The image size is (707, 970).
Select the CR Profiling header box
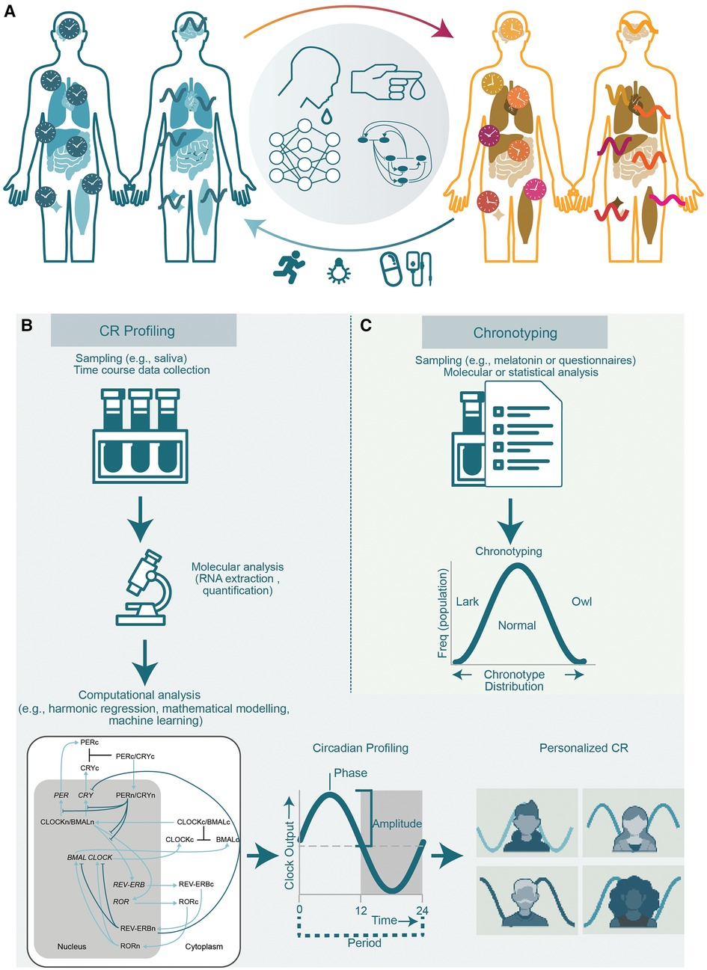coord(144,330)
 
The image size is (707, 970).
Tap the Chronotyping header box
coord(515,333)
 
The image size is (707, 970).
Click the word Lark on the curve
coord(467,601)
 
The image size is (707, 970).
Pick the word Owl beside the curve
coord(581,601)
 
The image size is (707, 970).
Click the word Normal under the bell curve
coord(517,625)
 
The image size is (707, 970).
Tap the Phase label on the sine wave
coord(350,773)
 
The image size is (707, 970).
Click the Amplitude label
coord(397,823)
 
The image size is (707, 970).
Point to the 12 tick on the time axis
coord(361,912)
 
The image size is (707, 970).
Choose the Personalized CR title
coord(584,748)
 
